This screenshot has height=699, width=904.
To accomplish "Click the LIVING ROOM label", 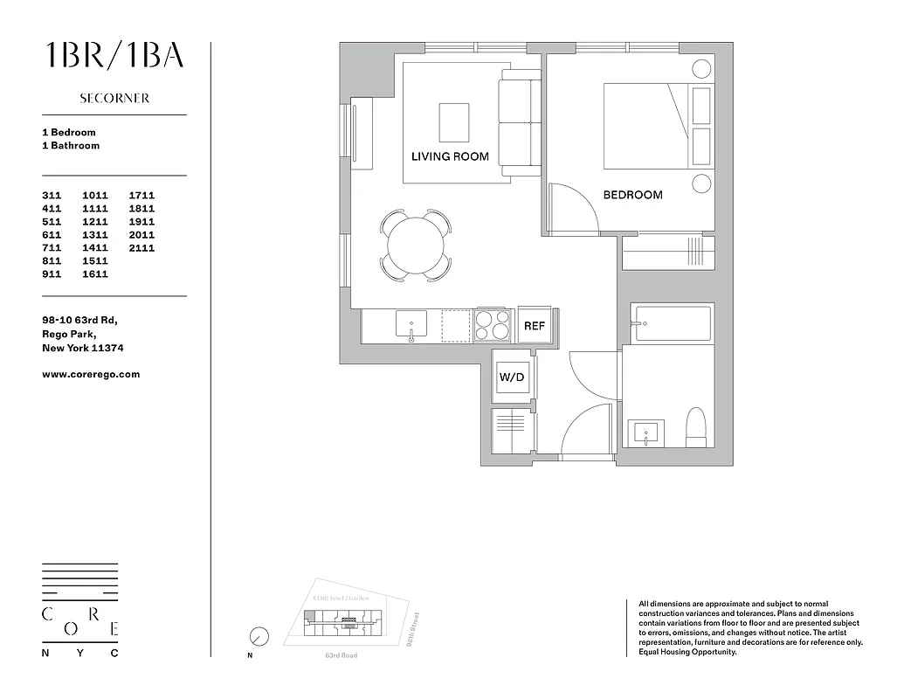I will (450, 156).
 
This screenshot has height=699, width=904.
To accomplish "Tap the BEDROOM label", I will (632, 195).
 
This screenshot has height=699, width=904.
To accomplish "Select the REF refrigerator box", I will (535, 326).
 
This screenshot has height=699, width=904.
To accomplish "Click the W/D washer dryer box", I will (511, 377).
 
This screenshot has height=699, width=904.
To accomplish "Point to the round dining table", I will (416, 245).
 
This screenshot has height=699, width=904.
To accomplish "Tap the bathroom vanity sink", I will (647, 433).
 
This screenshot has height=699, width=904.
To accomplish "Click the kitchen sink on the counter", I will (411, 325).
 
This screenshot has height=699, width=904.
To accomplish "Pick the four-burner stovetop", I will (493, 325).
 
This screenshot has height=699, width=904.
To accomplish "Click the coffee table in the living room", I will (453, 121).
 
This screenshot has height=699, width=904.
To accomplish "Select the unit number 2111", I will (141, 248).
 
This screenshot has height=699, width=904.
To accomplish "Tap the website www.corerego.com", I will (91, 374).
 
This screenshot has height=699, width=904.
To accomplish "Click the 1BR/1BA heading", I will (114, 55).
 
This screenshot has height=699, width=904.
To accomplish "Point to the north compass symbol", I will (259, 637).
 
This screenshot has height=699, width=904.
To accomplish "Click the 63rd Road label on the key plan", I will (341, 655).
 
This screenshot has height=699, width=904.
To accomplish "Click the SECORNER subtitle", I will (114, 99).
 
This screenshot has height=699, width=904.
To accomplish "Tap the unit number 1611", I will (95, 274).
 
